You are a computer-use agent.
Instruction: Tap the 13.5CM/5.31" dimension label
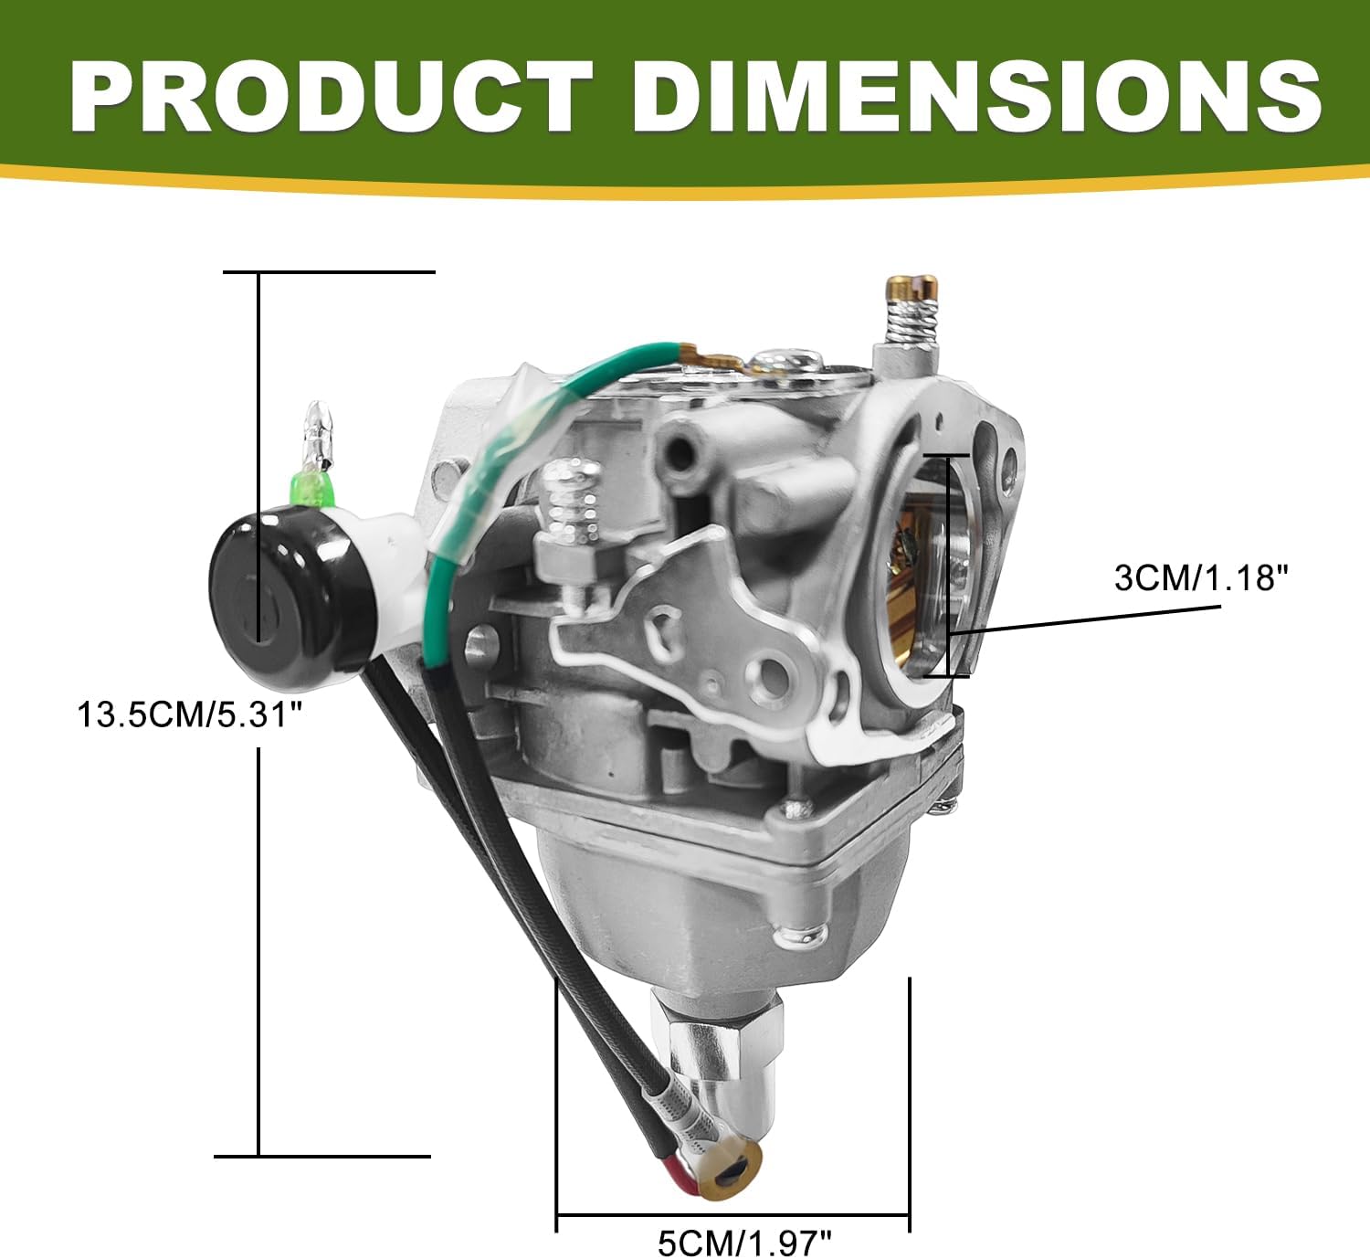[x=189, y=715]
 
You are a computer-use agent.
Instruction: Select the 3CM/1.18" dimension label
[x=1201, y=578]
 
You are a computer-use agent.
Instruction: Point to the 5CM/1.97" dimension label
[x=744, y=1243]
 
